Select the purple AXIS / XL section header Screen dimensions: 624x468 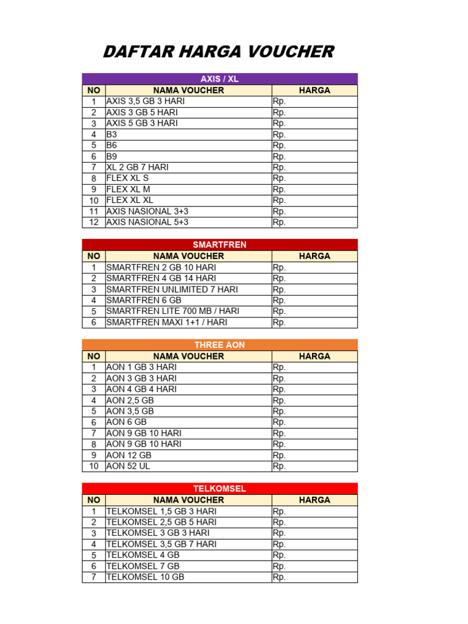[219, 79]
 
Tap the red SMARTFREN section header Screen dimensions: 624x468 [219, 245]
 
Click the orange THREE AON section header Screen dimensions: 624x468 [219, 345]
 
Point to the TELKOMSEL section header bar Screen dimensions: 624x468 [219, 489]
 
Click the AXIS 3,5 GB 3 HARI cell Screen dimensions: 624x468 [145, 101]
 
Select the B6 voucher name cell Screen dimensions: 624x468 [112, 145]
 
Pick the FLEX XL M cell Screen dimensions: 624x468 [128, 189]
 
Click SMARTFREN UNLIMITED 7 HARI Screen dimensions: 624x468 [172, 289]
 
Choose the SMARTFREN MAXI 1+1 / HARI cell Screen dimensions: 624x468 [166, 322]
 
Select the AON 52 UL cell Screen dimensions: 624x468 [128, 466]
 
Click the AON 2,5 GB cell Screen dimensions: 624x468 [130, 400]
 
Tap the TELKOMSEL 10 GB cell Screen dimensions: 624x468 [145, 576]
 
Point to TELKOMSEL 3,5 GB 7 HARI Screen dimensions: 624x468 [161, 544]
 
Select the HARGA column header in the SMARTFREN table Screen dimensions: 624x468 [314, 256]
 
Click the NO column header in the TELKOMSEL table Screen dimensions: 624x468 [94, 500]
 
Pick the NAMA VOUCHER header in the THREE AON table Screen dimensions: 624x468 [188, 356]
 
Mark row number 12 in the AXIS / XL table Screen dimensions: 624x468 [94, 222]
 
